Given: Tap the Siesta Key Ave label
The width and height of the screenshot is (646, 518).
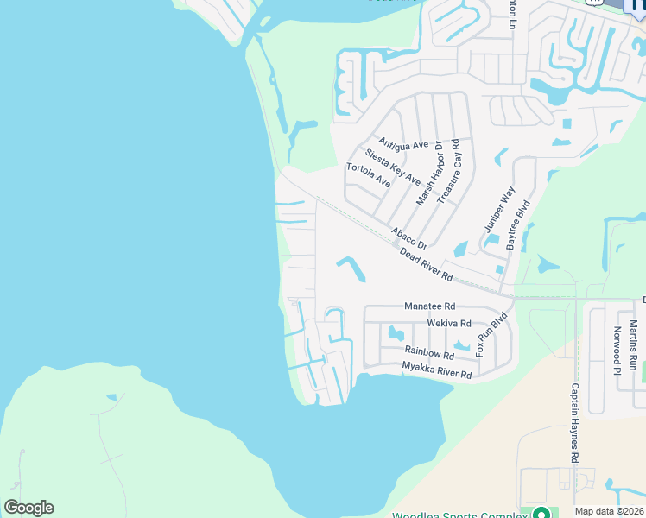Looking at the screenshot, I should [392, 167].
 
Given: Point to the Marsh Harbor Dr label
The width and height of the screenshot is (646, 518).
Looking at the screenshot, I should [428, 174].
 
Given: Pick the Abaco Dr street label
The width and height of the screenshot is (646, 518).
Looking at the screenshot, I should [408, 238].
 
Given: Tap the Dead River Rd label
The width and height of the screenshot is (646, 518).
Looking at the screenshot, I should [427, 264].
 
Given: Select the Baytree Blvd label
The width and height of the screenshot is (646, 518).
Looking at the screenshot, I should [517, 226].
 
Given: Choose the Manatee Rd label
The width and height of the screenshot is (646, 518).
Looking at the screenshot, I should [429, 306].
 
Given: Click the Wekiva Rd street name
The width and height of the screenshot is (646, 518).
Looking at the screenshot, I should [449, 324].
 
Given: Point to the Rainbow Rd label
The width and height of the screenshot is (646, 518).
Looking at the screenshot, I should [429, 352].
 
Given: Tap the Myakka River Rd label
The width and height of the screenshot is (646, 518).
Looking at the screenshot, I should [437, 370].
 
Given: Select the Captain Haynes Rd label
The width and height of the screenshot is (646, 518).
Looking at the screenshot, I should [573, 424].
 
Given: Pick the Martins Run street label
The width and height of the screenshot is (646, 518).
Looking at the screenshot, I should [633, 345].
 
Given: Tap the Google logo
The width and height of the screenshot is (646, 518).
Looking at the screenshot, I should [28, 508].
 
